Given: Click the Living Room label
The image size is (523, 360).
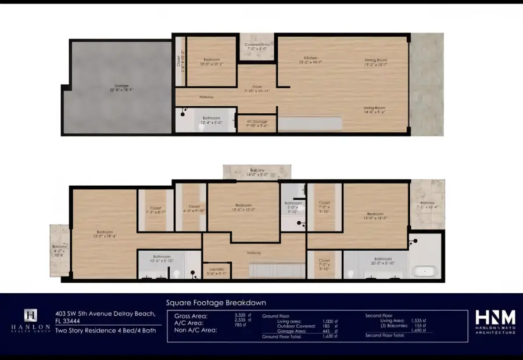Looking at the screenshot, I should pos(375,110).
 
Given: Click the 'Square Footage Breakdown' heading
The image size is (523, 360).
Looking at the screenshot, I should pos(216,303).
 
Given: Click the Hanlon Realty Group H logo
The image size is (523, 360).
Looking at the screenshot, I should pos(30,316).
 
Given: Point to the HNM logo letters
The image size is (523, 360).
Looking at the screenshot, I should pos(495,318).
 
